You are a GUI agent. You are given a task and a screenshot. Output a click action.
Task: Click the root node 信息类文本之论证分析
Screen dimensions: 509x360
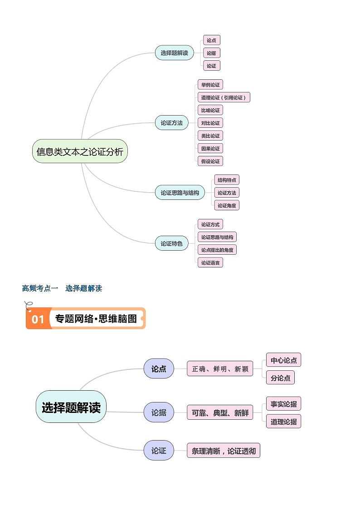point(80,151)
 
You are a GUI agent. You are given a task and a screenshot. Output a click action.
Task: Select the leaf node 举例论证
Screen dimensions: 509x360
point(210,85)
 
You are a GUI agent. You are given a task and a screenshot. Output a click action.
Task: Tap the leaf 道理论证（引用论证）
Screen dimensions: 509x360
point(224,97)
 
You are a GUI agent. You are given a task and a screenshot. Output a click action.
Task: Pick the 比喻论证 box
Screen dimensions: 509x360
point(210,110)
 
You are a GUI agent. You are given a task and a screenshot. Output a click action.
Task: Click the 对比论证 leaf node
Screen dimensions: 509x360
point(210,123)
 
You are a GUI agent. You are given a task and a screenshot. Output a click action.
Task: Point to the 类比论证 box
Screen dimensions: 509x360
point(210,136)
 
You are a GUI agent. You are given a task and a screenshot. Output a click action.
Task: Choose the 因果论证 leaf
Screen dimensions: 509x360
point(210,148)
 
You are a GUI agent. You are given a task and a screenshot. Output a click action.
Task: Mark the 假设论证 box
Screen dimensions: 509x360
point(210,161)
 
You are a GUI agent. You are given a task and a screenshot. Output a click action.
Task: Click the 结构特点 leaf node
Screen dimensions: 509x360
point(227,180)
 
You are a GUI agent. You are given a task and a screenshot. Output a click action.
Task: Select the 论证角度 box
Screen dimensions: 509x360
point(227,205)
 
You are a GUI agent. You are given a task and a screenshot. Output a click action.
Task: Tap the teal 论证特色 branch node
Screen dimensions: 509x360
point(171,244)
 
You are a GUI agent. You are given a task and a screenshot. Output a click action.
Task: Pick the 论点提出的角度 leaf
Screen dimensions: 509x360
point(217,250)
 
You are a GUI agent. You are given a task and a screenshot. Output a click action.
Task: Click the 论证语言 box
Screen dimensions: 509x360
point(210,262)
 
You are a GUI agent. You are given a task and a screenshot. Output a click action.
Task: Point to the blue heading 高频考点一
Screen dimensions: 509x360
point(40,288)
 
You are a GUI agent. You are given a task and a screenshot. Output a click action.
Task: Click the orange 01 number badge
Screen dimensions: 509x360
point(38,319)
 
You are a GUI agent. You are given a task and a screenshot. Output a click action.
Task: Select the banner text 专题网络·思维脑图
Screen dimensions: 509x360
point(96,319)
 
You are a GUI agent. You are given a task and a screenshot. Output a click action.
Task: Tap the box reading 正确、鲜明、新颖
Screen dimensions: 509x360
point(220,369)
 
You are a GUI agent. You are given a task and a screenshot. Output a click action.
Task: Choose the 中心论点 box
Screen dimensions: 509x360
point(283,360)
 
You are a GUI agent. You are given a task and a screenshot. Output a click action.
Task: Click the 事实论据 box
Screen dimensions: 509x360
point(283,404)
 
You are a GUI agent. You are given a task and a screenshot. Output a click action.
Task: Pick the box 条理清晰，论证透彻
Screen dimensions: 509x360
point(224,451)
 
